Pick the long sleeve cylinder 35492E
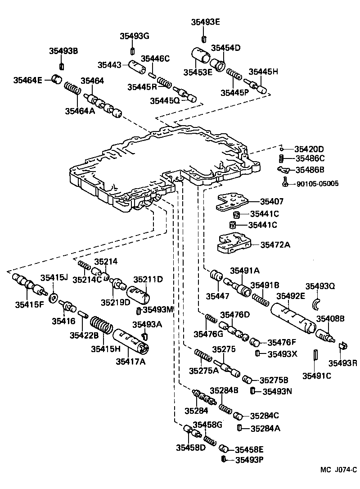point(292,318)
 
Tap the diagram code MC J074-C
point(335,470)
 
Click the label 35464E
point(27,81)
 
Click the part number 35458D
point(191,448)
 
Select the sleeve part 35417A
point(131,342)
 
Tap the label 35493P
point(248,460)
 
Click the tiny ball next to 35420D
point(281,149)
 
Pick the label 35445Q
point(165,101)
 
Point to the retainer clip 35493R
point(342,347)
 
